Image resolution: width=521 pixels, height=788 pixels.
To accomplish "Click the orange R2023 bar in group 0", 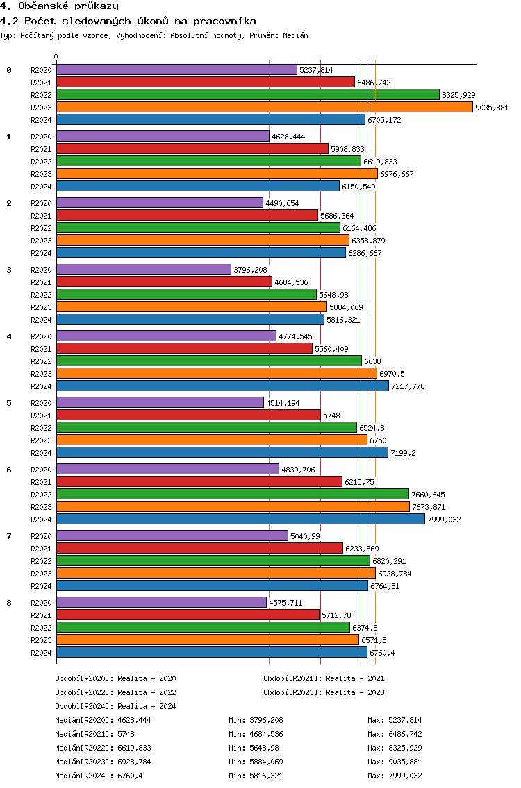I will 264,108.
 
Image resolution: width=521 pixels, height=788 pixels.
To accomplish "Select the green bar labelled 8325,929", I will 247,95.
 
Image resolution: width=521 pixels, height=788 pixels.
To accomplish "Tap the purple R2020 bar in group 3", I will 143,270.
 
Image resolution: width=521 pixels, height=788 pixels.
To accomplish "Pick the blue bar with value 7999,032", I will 240,520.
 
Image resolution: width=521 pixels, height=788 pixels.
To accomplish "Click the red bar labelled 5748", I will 188,416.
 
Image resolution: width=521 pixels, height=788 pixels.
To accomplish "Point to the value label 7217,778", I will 408,386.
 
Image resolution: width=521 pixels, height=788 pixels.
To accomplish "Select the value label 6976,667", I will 397,174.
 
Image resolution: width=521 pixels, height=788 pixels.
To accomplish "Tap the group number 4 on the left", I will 9,336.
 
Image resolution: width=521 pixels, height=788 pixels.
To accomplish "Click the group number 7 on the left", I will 9,536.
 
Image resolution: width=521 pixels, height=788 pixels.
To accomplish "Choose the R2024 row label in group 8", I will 41,653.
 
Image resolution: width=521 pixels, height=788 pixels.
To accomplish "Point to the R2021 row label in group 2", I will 41,216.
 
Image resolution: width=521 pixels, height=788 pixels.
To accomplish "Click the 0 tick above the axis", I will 56,57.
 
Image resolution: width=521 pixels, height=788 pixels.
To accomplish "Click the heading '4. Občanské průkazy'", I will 60,6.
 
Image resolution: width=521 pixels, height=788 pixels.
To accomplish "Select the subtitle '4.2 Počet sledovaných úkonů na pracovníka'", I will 128,21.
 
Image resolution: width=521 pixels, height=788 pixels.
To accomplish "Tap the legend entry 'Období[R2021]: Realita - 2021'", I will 324,678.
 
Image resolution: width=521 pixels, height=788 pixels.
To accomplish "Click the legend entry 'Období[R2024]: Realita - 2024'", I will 115,706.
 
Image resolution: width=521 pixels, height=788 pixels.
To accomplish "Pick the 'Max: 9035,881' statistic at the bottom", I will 395,762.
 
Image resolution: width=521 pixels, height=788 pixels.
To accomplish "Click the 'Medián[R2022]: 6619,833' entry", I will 103,748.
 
